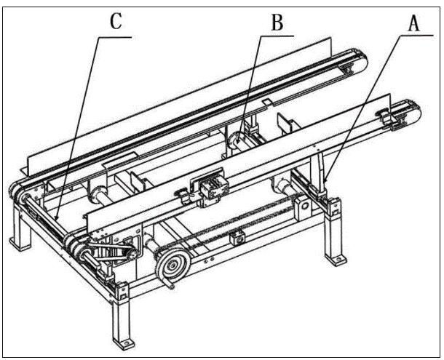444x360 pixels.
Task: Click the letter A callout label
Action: click(413, 23)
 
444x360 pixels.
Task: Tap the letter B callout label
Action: click(277, 23)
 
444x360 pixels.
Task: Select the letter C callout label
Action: click(116, 22)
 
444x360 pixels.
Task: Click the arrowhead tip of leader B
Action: click(237, 143)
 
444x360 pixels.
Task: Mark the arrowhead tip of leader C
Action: click(55, 221)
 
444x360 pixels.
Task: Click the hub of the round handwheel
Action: click(172, 265)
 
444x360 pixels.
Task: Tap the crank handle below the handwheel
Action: click(167, 284)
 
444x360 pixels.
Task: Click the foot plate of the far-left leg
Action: click(19, 244)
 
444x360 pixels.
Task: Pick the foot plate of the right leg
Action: click(336, 259)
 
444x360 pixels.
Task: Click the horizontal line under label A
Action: click(416, 36)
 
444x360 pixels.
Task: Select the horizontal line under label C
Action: click(115, 37)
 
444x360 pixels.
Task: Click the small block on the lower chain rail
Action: click(237, 238)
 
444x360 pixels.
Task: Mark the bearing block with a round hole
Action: click(303, 207)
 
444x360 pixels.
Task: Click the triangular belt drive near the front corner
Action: click(111, 252)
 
